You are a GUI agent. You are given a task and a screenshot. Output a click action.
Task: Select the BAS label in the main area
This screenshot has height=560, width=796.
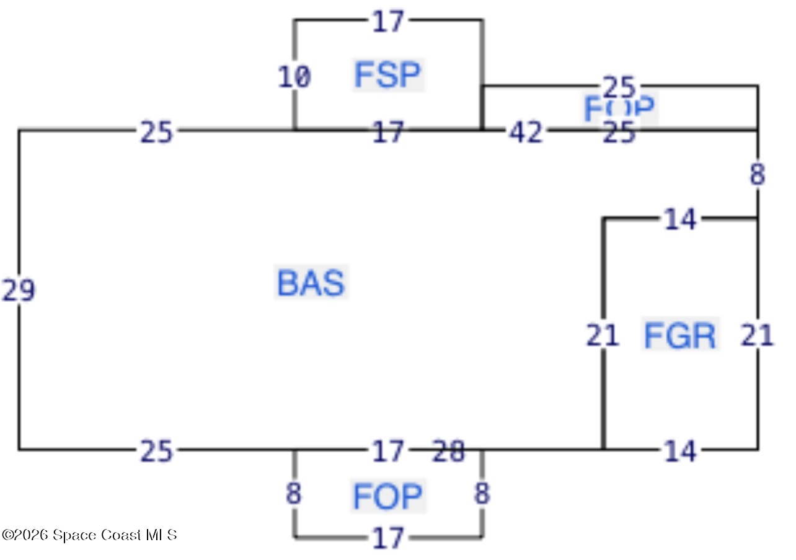311,283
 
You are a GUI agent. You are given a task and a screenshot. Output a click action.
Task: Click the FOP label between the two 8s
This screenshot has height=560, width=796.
388,496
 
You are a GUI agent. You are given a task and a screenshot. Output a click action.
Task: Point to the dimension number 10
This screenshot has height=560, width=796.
294,77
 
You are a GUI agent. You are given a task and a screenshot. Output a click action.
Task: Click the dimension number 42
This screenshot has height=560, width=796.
526,133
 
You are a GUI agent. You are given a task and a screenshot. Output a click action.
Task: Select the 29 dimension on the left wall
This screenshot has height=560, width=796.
19,291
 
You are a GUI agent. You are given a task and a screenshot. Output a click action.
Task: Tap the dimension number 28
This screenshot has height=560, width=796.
448,452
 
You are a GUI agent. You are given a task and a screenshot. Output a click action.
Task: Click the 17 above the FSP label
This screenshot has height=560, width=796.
388,22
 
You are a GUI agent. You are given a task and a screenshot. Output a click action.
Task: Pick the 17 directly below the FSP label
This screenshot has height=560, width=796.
388,133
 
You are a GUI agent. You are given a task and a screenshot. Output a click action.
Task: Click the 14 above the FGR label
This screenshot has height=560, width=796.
680,219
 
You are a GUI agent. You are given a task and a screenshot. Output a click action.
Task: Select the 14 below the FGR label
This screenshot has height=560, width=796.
680,452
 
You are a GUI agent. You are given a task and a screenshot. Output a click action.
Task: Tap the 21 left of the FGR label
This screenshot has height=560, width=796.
603,335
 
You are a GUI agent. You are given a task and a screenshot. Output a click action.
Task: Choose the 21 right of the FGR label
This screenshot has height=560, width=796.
758,335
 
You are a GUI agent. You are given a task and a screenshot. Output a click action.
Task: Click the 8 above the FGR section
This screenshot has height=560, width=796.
758,175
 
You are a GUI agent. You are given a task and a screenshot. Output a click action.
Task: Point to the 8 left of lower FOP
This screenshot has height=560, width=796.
294,494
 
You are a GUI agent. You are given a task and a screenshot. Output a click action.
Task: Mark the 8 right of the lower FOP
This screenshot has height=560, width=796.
482,494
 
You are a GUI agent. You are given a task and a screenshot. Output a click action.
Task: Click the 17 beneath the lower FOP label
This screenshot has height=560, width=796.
388,538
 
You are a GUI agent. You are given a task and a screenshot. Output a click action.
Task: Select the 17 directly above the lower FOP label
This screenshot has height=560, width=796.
388,452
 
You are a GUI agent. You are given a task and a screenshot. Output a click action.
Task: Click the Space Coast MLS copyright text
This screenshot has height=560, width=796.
89,535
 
